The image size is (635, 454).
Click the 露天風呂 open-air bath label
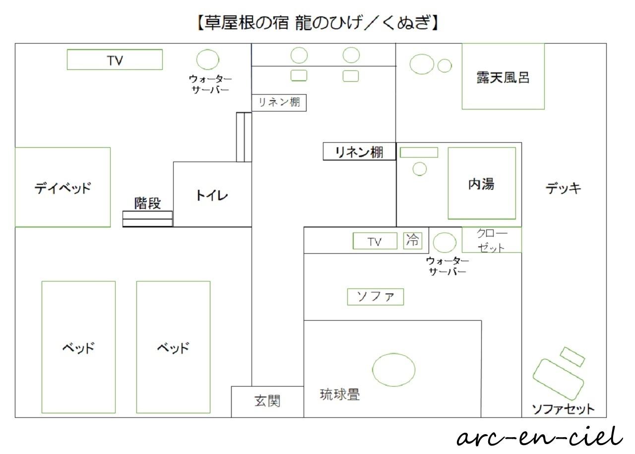[x=503, y=78]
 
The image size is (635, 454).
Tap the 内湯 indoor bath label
[x=481, y=184]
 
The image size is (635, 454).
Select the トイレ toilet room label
[x=212, y=195]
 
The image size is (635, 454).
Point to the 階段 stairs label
[x=147, y=203]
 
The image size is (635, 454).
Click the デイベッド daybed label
[x=63, y=188]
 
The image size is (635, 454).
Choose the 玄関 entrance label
[x=267, y=401]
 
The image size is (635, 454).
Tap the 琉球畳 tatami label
[x=340, y=395]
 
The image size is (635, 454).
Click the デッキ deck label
[x=563, y=188]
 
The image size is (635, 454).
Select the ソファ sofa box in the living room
[x=376, y=297]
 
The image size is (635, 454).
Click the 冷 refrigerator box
[x=413, y=241]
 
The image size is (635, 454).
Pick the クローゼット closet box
[x=492, y=240]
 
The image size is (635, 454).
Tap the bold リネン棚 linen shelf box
[x=360, y=152]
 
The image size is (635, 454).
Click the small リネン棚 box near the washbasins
[x=279, y=103]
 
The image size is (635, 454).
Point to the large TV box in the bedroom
[x=115, y=59]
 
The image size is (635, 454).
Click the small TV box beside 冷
[x=375, y=241]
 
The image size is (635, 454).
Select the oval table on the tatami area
[x=394, y=370]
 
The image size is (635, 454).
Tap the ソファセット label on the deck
[x=563, y=409]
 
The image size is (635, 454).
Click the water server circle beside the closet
[x=445, y=243]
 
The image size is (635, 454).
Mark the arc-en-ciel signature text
[x=540, y=437]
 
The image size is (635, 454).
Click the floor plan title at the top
[x=317, y=23]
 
